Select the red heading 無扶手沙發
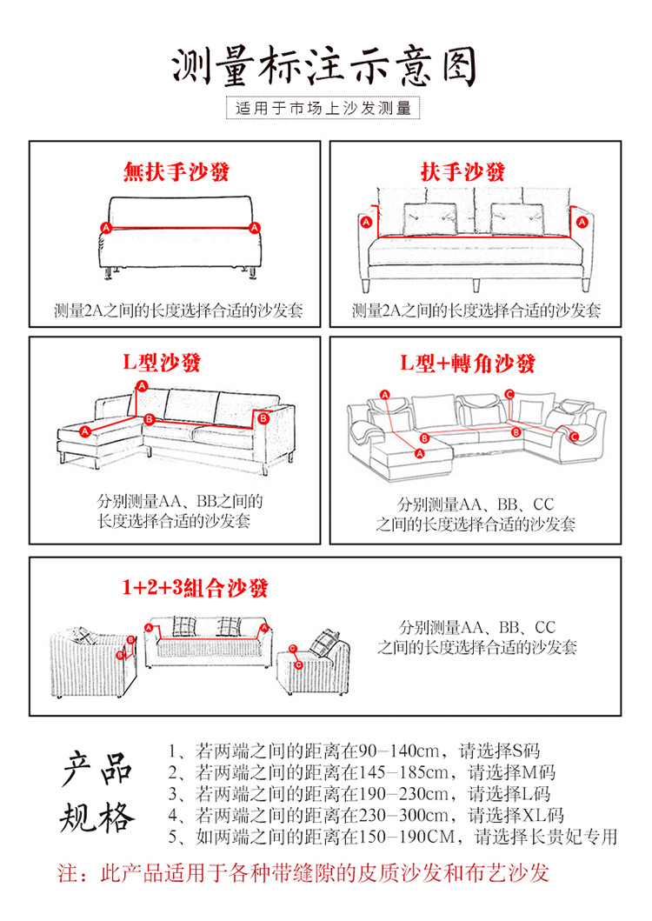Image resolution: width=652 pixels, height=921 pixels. pos(176,172)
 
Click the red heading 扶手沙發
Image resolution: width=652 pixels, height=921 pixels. pos(475,171)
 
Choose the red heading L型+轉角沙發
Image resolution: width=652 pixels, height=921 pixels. pos(467,363)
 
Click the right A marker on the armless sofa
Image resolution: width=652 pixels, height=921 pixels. pos(255,227)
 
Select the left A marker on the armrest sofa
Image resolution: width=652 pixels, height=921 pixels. pos(365,223)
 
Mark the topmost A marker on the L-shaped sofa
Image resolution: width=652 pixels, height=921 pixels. pos(143,384)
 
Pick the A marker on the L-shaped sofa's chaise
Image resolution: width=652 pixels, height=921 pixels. pos(85,430)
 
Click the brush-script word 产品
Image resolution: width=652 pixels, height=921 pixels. pos(96,769)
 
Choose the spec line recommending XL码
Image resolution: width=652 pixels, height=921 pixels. pos(366,815)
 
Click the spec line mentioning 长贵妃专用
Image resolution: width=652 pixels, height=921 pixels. pos(393,837)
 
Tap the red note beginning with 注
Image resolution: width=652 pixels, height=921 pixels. pos(303,873)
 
